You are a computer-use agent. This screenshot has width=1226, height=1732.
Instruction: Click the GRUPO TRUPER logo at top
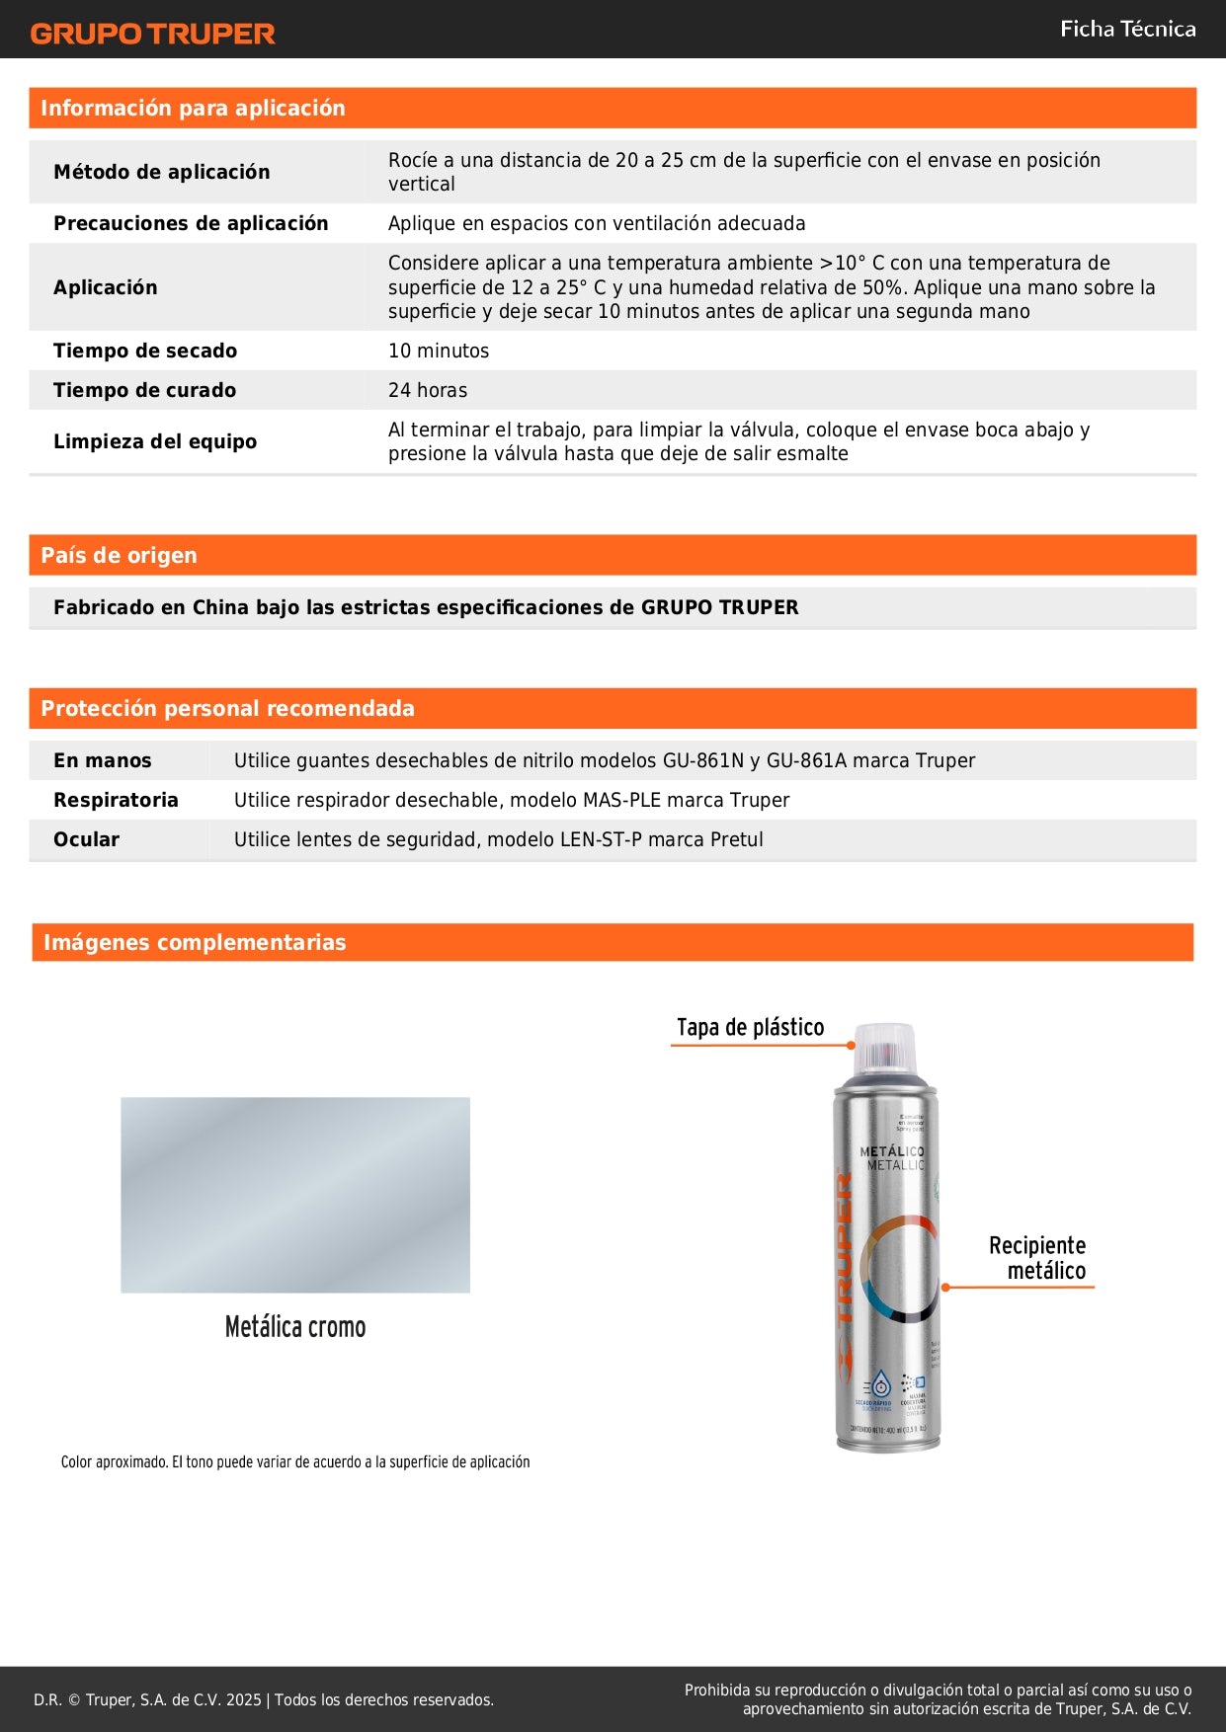[152, 34]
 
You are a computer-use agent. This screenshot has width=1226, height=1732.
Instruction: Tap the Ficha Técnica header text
[1127, 30]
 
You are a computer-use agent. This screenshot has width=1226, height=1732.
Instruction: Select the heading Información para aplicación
[193, 109]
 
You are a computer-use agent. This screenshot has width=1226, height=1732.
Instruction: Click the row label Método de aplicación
[161, 172]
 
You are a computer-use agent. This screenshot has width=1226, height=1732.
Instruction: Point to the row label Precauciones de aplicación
[191, 223]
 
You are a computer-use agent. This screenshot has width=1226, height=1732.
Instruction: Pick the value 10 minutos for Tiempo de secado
[439, 351]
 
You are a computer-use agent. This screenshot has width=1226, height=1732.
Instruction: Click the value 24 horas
[428, 390]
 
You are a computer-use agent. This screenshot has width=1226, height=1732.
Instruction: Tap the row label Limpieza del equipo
[155, 441]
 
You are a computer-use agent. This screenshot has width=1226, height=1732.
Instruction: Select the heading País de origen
[119, 555]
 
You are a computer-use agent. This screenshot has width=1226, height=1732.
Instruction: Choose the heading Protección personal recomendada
[227, 708]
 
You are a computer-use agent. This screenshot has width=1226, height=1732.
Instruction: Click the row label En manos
[103, 760]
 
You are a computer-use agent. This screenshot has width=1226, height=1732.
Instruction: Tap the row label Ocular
[86, 839]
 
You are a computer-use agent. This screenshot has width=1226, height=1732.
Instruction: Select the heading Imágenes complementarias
[195, 942]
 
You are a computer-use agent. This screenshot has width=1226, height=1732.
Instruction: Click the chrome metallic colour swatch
[295, 1195]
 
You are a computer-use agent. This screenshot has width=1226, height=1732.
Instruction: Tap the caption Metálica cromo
[295, 1326]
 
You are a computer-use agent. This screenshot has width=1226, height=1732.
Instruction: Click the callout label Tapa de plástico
[750, 1027]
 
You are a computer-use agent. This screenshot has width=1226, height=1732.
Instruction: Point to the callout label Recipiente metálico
[1037, 1258]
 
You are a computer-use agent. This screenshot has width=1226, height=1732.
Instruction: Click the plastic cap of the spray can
[885, 1049]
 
